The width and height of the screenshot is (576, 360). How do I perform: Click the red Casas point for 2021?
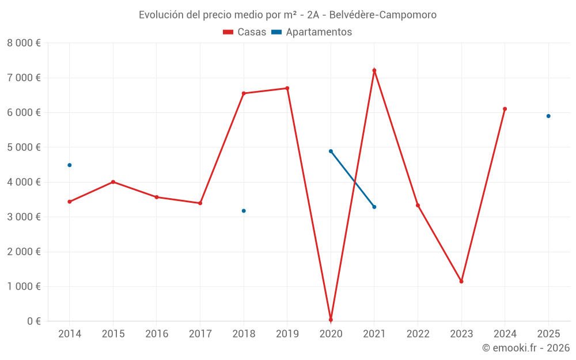pyautogui.click(x=374, y=70)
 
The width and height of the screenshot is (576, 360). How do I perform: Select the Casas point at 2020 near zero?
pyautogui.click(x=331, y=320)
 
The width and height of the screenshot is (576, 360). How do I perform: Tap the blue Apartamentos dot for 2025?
pyautogui.click(x=548, y=116)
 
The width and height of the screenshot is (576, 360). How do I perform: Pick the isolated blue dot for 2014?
pyautogui.click(x=70, y=165)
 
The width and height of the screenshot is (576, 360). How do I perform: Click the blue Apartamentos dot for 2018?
pyautogui.click(x=244, y=211)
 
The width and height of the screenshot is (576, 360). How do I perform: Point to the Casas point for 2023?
pyautogui.click(x=461, y=282)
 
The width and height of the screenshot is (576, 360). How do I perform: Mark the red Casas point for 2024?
pyautogui.click(x=505, y=109)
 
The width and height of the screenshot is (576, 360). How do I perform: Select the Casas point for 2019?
pyautogui.click(x=287, y=88)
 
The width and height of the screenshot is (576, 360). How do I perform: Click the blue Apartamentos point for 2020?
pyautogui.click(x=331, y=151)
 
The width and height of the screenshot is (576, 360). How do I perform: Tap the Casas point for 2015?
pyautogui.click(x=113, y=182)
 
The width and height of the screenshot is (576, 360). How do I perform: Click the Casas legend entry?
pyautogui.click(x=245, y=32)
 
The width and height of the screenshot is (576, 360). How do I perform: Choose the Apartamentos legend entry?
pyautogui.click(x=312, y=32)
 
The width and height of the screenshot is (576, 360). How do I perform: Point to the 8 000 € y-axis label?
pyautogui.click(x=24, y=43)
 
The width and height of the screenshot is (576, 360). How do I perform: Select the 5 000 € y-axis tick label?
pyautogui.click(x=24, y=147)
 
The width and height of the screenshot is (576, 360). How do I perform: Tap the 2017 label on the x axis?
pyautogui.click(x=200, y=334)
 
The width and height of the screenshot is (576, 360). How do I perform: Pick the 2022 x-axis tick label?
pyautogui.click(x=418, y=334)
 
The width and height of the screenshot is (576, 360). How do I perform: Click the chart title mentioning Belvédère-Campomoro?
pyautogui.click(x=287, y=14)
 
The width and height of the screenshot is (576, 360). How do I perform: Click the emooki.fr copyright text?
pyautogui.click(x=525, y=348)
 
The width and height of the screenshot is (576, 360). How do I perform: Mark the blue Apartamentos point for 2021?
pyautogui.click(x=374, y=207)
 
